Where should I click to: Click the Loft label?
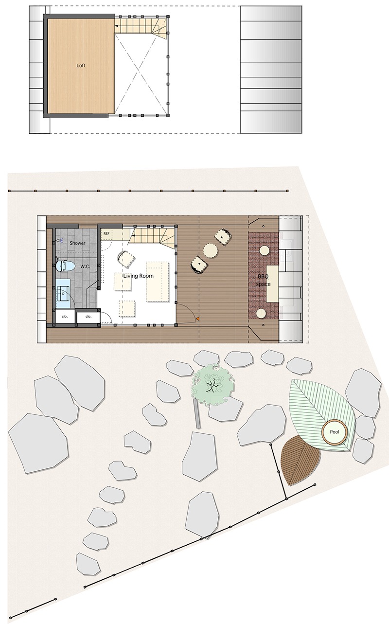pyautogui.click(x=81, y=66)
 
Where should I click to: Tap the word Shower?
pyautogui.click(x=77, y=243)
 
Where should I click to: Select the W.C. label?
pyautogui.click(x=85, y=267)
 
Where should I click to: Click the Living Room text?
pyautogui.click(x=139, y=276)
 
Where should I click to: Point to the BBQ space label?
pyautogui.click(x=263, y=280)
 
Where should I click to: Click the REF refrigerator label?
pyautogui.click(x=106, y=233)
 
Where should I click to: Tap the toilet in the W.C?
pyautogui.click(x=65, y=266)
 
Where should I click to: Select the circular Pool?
pyautogui.click(x=335, y=432)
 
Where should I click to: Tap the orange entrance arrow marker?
pyautogui.click(x=197, y=319)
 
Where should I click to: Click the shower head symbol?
pyautogui.click(x=58, y=240)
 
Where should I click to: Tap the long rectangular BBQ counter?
pyautogui.click(x=273, y=284)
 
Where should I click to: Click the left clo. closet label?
pyautogui.click(x=65, y=317)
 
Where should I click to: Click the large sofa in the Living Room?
pyautogui.click(x=158, y=281)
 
